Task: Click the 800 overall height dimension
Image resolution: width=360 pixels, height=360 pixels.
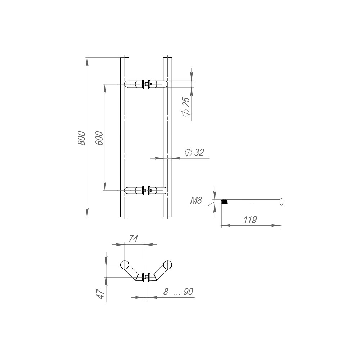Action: tap(81, 138)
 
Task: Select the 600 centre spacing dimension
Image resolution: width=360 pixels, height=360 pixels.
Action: tap(99, 138)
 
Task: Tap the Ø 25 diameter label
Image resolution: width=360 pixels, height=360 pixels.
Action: tap(186, 107)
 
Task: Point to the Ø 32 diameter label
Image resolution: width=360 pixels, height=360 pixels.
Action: tap(194, 152)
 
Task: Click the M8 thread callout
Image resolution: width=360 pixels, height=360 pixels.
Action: tap(196, 201)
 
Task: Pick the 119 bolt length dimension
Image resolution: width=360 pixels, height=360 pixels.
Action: tap(250, 220)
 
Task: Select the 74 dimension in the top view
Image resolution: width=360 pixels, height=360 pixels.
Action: tap(133, 239)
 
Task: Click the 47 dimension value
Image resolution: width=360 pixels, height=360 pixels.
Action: tap(101, 294)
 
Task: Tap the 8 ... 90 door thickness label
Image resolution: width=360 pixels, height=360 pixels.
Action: tap(178, 292)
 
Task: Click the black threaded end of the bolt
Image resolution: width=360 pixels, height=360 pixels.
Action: tap(225, 202)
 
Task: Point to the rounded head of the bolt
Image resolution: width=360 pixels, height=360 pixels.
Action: tap(282, 202)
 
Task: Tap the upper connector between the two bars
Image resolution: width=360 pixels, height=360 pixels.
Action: tap(146, 84)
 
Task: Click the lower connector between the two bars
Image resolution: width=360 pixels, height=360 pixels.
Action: tap(146, 190)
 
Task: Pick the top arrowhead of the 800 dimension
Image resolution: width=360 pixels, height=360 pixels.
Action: tap(87, 62)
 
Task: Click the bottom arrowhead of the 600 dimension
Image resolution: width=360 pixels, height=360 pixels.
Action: tap(105, 186)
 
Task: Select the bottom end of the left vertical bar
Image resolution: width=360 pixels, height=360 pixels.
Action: tap(125, 217)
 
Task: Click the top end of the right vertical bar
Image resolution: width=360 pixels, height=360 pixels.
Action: tap(168, 57)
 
